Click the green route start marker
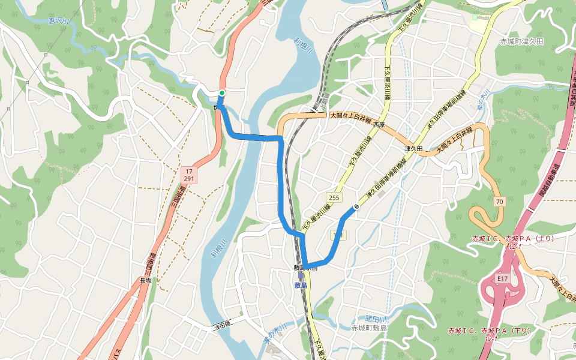pyautogui.click(x=222, y=92)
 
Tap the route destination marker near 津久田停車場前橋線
pyautogui.click(x=356, y=208)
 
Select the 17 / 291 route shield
pyautogui.click(x=188, y=175)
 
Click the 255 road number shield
pyautogui.click(x=334, y=197)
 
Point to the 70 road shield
pyautogui.click(x=499, y=202)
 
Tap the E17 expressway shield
pyautogui.click(x=503, y=279)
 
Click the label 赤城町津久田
pyautogui.click(x=521, y=41)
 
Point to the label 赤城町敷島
pyautogui.click(x=369, y=328)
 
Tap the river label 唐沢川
pyautogui.click(x=59, y=22)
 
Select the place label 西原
pyautogui.click(x=378, y=125)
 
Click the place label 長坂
pyautogui.click(x=146, y=280)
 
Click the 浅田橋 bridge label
pyautogui.click(x=221, y=324)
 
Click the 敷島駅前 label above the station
pyautogui.click(x=305, y=268)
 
